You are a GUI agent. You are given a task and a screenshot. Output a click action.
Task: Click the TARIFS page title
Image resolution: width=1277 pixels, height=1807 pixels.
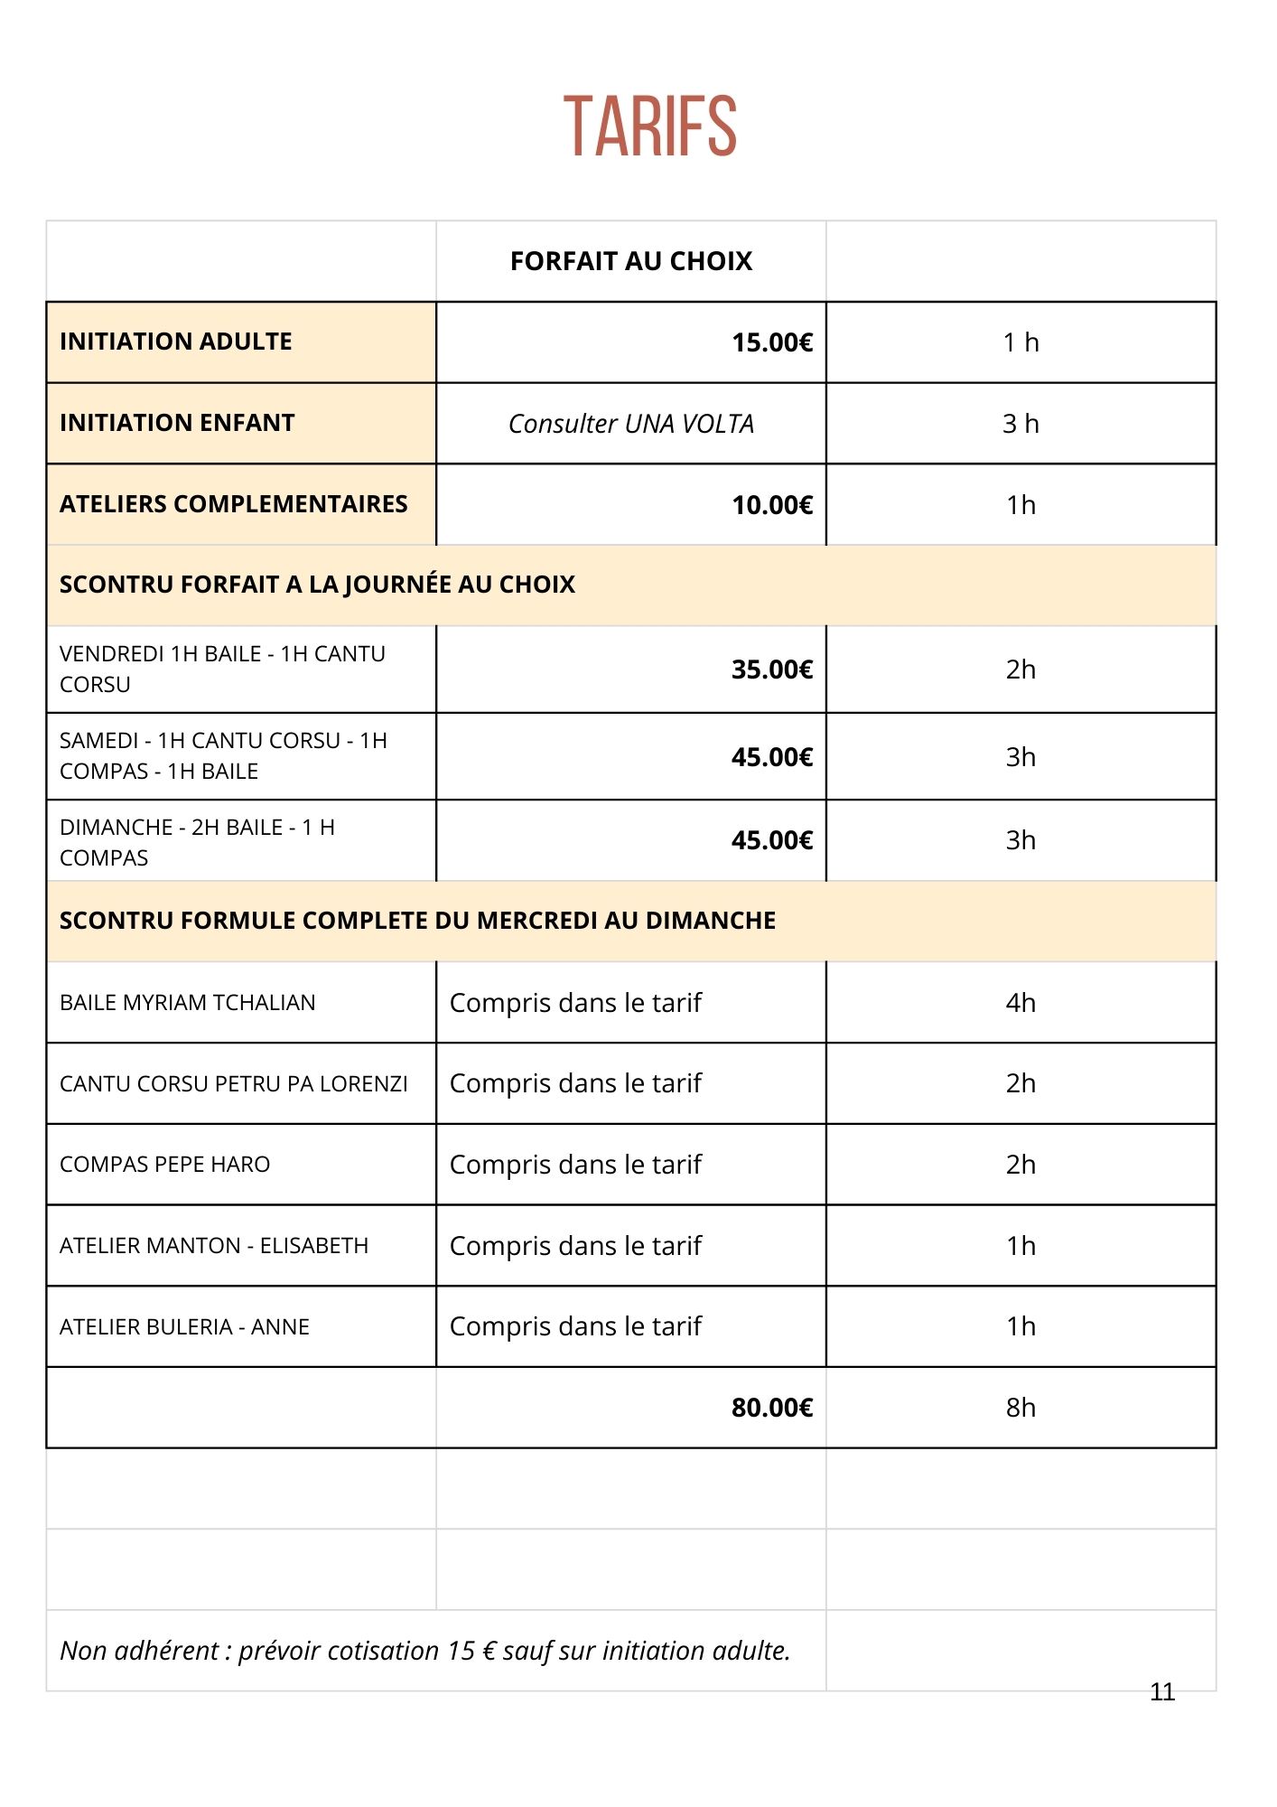650,126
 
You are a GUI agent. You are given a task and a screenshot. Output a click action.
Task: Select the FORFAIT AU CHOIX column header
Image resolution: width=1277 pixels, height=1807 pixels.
630,261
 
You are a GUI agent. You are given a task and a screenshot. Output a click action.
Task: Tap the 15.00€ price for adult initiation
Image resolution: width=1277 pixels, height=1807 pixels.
772,342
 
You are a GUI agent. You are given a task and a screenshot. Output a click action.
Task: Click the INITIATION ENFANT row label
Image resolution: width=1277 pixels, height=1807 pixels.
177,423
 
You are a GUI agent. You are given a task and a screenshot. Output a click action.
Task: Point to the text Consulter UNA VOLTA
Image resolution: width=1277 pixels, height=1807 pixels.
630,424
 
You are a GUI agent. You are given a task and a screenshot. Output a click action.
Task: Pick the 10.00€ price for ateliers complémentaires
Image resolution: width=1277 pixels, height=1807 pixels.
772,505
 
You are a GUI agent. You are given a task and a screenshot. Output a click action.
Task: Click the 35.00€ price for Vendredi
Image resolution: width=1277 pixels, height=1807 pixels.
772,669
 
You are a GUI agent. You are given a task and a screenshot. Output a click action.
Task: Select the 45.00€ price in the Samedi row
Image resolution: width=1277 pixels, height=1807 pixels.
772,757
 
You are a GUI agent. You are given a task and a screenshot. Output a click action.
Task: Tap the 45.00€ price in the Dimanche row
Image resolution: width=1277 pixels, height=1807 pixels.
772,840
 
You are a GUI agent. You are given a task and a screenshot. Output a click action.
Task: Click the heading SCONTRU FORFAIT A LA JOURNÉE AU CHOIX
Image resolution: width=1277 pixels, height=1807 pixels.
317,585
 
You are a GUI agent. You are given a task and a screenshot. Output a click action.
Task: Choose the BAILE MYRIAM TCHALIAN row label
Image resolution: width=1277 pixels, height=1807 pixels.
187,1003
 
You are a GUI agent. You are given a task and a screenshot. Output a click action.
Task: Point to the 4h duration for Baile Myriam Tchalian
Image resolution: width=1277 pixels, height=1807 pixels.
1021,1003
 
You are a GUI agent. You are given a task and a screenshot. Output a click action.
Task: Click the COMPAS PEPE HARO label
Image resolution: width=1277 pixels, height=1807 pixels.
164,1165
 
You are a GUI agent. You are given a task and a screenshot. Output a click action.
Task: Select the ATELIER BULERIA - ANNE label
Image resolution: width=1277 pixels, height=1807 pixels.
184,1327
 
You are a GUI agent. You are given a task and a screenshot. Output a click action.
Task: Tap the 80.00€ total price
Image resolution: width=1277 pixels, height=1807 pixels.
772,1408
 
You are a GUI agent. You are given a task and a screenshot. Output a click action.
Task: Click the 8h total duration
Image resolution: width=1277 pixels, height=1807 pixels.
1021,1408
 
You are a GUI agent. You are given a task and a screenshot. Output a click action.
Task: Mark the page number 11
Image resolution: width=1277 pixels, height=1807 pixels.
1162,1692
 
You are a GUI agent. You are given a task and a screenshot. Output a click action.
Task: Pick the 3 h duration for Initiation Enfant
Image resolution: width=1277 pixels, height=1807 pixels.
1021,424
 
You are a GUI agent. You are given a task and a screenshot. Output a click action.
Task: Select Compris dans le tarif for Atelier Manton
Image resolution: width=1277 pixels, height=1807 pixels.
575,1246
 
